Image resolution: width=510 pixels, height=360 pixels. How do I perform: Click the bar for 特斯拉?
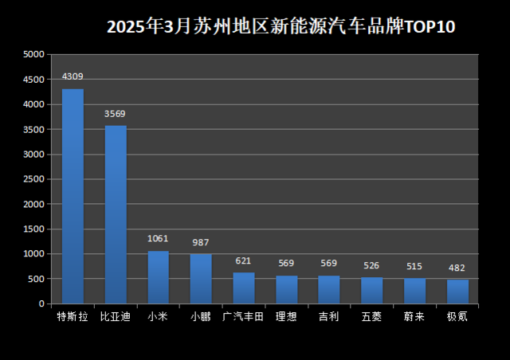coord(73,196)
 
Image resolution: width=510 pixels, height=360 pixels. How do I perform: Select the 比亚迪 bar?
coord(116,214)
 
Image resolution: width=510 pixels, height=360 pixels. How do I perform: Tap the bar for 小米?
coord(159,277)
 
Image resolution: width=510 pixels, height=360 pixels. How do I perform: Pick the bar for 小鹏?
coord(201,279)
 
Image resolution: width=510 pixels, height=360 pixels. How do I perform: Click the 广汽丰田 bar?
coord(244,288)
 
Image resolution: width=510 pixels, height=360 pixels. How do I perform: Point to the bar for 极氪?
coord(457,292)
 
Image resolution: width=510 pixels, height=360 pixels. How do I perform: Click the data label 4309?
coord(73,76)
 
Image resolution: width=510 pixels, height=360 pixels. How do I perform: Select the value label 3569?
coord(116,114)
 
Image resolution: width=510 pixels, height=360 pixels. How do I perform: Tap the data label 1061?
coord(159,238)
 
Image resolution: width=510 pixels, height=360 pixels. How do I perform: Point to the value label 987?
coord(201,242)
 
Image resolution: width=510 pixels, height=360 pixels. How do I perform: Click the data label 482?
coord(457,268)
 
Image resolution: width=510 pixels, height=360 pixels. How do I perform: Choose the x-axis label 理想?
coord(286,316)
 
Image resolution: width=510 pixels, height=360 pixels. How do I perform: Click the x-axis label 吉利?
coord(328,316)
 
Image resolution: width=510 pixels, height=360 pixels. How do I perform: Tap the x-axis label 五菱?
coord(371,316)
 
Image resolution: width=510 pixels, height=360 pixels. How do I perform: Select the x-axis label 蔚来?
coord(414,316)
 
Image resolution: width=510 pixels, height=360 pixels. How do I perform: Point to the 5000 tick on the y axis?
coord(33,55)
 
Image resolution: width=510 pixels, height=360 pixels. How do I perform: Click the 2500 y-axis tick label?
coord(33,179)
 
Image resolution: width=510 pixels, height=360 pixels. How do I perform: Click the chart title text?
coord(280,27)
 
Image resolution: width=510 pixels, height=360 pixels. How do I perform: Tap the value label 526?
coord(371,265)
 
